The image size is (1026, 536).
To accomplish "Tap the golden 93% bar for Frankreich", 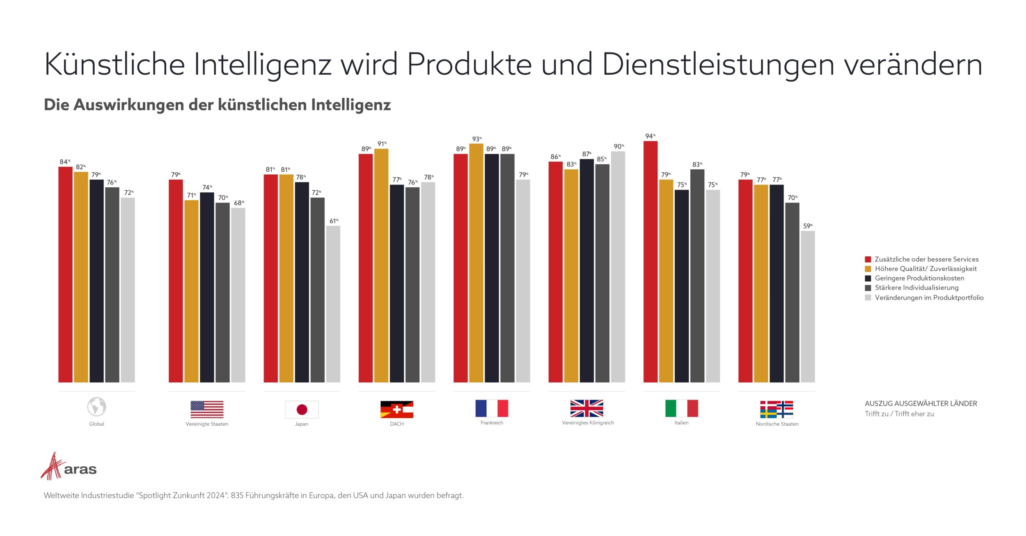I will pyautogui.click(x=476, y=263).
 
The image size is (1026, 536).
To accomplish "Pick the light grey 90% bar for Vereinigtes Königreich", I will pyautogui.click(x=618, y=267).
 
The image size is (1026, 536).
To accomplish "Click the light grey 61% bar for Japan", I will pyautogui.click(x=333, y=304).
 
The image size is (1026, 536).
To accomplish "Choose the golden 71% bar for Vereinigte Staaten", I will pyautogui.click(x=191, y=291).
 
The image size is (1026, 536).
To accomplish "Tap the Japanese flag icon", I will pyautogui.click(x=302, y=409).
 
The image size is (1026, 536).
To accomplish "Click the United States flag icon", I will pyautogui.click(x=207, y=409).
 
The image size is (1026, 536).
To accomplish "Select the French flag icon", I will pyautogui.click(x=492, y=408).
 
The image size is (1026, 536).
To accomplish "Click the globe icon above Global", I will pyautogui.click(x=96, y=407).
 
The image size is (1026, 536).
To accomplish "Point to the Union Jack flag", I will pyautogui.click(x=586, y=408).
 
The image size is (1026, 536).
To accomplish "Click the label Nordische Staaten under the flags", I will pyautogui.click(x=777, y=424).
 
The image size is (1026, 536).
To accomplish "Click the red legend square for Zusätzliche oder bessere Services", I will pyautogui.click(x=868, y=259).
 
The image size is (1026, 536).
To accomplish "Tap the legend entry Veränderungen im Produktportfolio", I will pyautogui.click(x=929, y=298).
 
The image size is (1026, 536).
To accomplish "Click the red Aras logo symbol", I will pyautogui.click(x=53, y=466).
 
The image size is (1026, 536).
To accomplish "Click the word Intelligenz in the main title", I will pyautogui.click(x=262, y=65).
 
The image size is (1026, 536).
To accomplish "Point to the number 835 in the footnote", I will pyautogui.click(x=237, y=495).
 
